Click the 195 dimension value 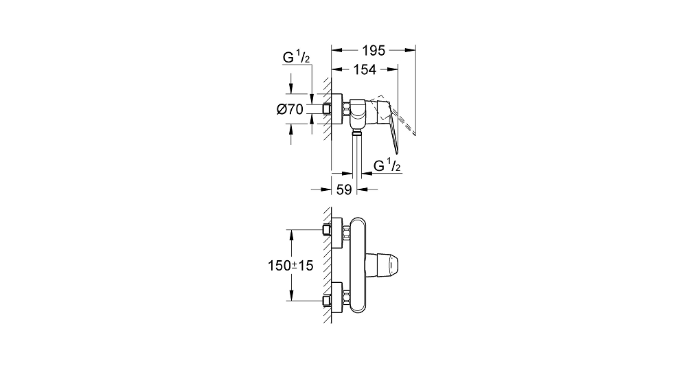tap(373, 51)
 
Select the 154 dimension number tap(365, 69)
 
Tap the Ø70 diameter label tap(290, 109)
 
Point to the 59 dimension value tap(344, 189)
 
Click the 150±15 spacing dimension tap(290, 266)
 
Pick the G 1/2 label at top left tap(296, 57)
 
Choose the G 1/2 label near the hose tap(387, 165)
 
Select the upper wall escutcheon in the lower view tap(337, 232)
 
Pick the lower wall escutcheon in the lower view tap(337, 298)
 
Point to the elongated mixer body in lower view tap(358, 265)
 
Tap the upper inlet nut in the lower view tap(347, 232)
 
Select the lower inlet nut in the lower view tap(347, 298)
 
